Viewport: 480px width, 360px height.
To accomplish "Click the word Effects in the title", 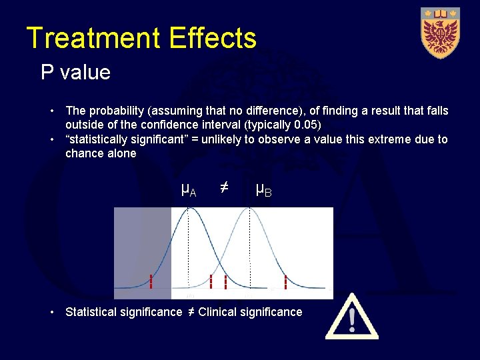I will click(213, 38).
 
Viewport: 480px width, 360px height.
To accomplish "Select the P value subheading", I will click(75, 72).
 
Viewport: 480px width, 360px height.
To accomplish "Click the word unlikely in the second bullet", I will click(231, 139).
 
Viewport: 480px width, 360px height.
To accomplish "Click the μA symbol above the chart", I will click(189, 191).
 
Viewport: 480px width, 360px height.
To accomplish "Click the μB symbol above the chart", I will click(263, 191).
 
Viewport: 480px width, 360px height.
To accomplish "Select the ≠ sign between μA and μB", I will click(225, 189).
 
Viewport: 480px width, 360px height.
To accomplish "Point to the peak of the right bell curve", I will click(249, 211).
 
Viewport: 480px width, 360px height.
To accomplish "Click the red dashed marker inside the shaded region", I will click(151, 282).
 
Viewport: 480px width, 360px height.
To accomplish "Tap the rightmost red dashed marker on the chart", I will click(285, 283).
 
